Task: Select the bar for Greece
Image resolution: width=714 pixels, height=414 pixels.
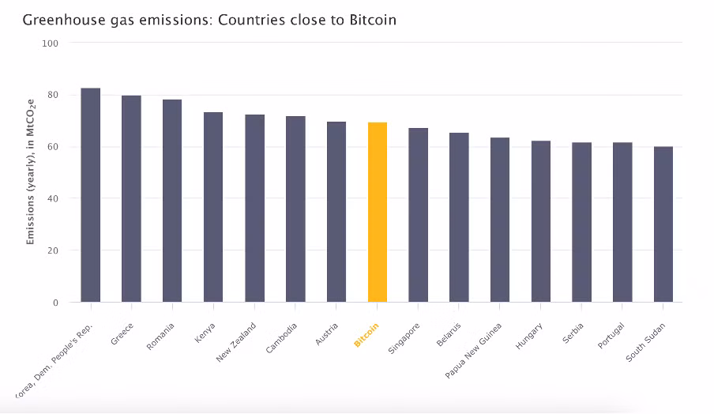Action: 131,198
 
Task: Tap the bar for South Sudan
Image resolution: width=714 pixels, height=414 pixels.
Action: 663,224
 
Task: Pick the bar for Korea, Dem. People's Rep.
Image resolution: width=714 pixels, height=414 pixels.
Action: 91,195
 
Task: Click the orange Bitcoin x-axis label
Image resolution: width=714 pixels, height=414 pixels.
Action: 366,335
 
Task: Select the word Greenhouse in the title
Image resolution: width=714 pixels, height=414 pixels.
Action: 57,19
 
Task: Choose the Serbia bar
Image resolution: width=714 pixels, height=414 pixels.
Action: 582,222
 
